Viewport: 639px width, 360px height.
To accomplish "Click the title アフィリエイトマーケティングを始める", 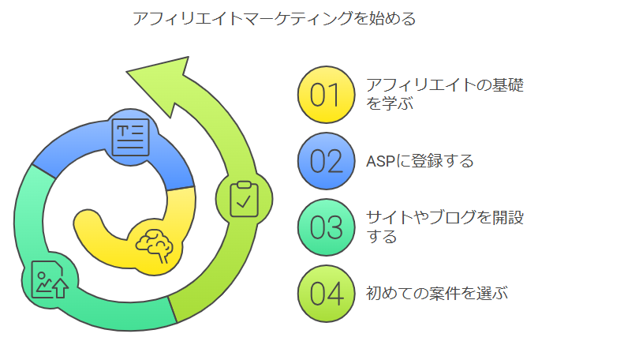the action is point(275,19).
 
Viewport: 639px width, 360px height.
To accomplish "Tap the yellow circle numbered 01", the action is point(326,95).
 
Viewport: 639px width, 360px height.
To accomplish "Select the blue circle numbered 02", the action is point(326,161).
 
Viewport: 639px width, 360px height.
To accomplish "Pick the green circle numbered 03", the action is point(326,227).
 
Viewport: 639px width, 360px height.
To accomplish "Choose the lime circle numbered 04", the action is point(326,294).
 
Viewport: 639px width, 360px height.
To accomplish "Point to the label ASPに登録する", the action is point(420,161).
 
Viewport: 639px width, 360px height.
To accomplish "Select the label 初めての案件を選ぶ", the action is point(437,294).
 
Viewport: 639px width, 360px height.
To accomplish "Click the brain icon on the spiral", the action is point(155,246).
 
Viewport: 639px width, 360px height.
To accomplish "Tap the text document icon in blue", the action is point(130,137).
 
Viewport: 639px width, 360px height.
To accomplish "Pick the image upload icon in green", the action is point(50,279).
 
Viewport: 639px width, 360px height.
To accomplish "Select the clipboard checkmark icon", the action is point(244,199).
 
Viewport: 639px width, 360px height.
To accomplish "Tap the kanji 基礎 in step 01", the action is point(508,85).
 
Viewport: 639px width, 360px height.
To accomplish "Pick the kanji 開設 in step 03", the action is point(508,218).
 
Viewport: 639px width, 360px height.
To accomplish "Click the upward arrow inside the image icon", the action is point(61,288).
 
